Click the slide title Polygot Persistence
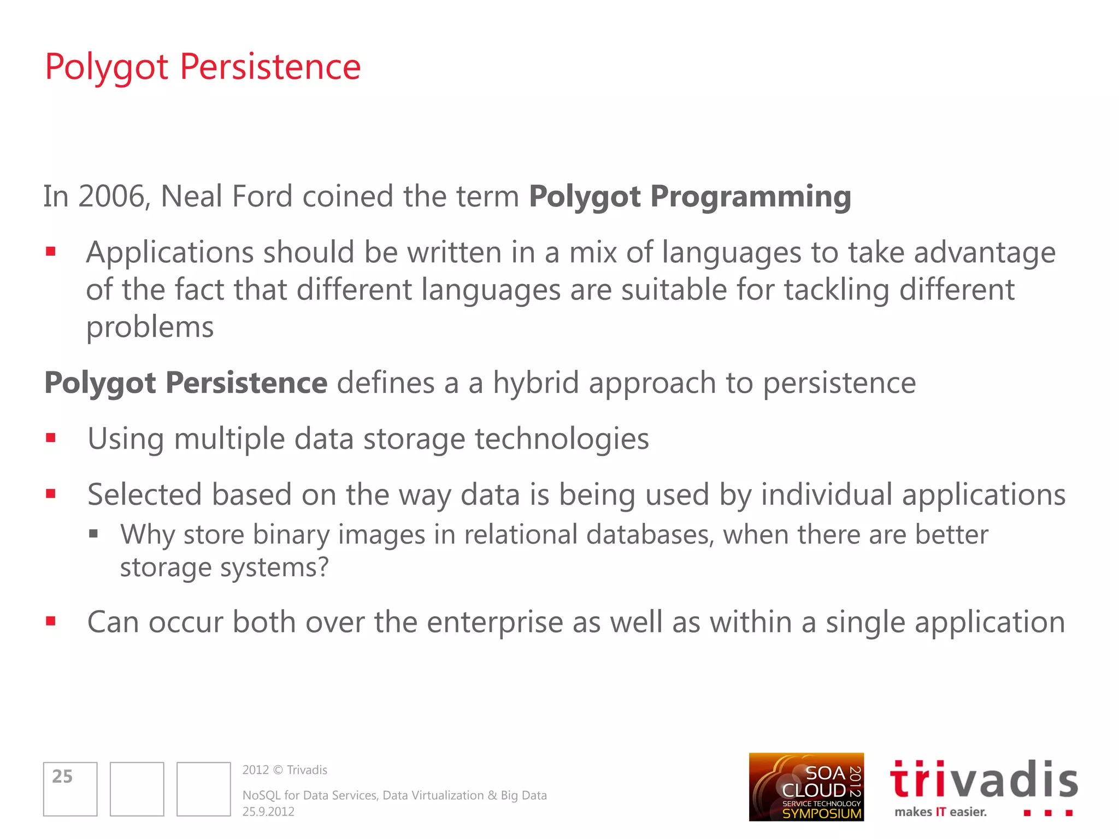(202, 67)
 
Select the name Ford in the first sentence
(262, 197)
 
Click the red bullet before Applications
(51, 252)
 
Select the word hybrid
(535, 383)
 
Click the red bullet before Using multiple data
(51, 438)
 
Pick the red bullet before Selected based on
(51, 494)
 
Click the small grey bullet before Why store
(93, 534)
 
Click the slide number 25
(62, 777)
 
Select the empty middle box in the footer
(137, 789)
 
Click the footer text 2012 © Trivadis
(285, 770)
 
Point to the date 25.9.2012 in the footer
(268, 812)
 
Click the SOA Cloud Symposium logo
(806, 787)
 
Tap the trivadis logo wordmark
(983, 780)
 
